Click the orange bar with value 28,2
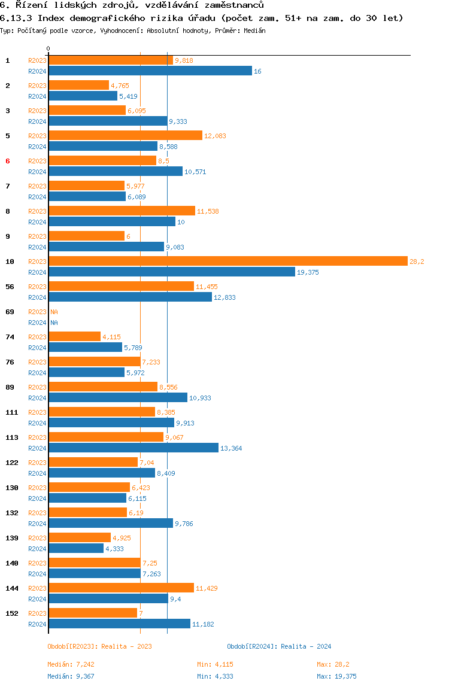[x=228, y=261]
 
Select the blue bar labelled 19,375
[x=172, y=272]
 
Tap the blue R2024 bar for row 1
[x=150, y=71]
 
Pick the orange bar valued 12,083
[x=125, y=135]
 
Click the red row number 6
[x=7, y=161]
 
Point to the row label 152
[x=12, y=613]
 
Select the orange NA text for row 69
[x=54, y=312]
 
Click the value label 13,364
[x=231, y=448]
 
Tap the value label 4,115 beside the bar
[x=111, y=337]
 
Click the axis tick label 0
[x=48, y=48]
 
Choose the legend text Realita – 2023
[x=127, y=646]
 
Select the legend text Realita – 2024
[x=306, y=646]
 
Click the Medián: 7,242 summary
[x=71, y=664]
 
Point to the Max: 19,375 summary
[x=336, y=676]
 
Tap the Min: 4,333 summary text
[x=216, y=676]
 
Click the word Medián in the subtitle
[x=254, y=31]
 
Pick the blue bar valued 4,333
[x=76, y=549]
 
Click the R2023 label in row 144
[x=37, y=588]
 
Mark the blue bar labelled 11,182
[x=119, y=624]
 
